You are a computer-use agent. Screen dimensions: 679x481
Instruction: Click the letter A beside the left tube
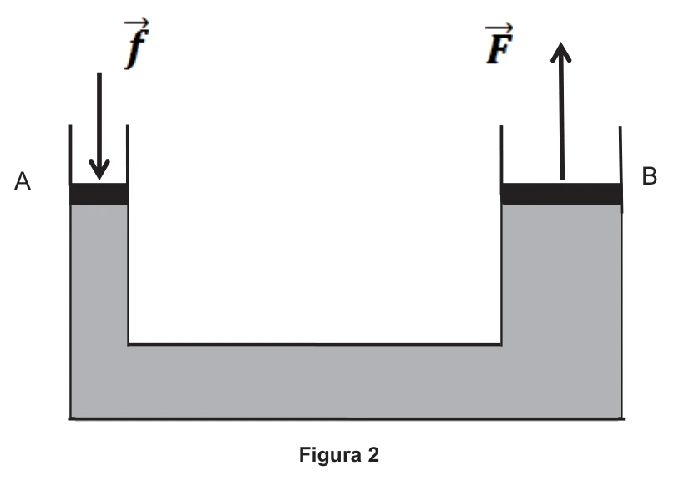pos(23,181)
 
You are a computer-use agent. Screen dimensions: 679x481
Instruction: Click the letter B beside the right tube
pos(650,176)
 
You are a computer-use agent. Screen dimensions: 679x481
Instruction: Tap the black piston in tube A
pos(99,194)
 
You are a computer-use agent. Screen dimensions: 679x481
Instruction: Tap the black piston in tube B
pos(561,194)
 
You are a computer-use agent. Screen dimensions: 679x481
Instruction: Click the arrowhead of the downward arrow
pos(99,170)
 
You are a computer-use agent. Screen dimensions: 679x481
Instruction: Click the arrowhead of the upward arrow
pos(560,52)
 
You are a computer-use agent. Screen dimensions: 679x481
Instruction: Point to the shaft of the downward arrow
pos(99,121)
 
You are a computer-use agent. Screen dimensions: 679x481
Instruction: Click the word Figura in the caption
pos(331,455)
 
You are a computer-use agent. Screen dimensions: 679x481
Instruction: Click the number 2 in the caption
pos(373,454)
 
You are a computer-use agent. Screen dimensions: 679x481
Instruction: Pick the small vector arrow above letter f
pos(137,22)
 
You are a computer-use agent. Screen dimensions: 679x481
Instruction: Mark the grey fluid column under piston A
pos(99,273)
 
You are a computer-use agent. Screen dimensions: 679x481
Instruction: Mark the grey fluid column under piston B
pos(561,273)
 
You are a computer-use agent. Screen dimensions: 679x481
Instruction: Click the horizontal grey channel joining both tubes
pos(315,382)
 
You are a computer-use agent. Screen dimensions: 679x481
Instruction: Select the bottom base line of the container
pos(347,418)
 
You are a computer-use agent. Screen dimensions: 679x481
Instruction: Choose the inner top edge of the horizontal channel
pos(315,345)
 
